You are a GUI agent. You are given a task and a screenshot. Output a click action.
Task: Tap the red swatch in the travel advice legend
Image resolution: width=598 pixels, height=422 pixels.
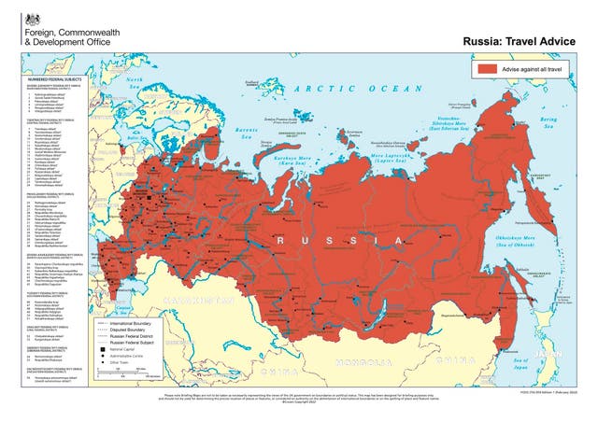[x=492, y=69]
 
